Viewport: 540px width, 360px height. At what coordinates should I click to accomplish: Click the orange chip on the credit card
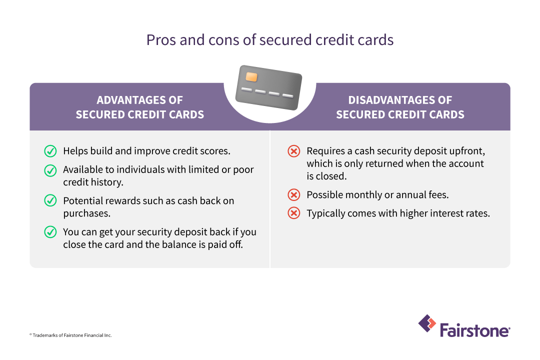pyautogui.click(x=251, y=77)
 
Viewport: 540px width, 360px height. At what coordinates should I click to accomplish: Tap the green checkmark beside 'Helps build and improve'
pyautogui.click(x=50, y=151)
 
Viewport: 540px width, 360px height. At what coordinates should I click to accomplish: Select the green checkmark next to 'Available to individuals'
pyautogui.click(x=50, y=170)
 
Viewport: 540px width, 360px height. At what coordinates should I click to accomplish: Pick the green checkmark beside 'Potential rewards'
pyautogui.click(x=50, y=201)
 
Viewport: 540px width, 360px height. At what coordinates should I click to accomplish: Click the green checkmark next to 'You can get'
pyautogui.click(x=50, y=232)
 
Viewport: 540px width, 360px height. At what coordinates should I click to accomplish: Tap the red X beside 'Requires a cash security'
pyautogui.click(x=294, y=151)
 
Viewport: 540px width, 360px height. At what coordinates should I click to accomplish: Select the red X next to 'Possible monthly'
pyautogui.click(x=294, y=195)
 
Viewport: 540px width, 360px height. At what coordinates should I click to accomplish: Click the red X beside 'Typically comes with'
pyautogui.click(x=294, y=213)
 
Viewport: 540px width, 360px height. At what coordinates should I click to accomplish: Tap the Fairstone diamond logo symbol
pyautogui.click(x=427, y=323)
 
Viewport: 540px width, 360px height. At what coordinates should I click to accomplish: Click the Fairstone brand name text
pyautogui.click(x=474, y=330)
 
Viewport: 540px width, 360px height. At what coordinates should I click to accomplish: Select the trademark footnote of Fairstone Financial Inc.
pyautogui.click(x=70, y=335)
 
